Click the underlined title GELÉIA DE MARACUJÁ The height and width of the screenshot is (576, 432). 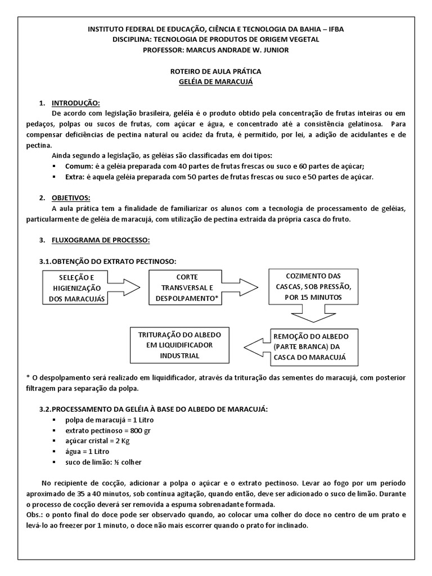pyautogui.click(x=215, y=82)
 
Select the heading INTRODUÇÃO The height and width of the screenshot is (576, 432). pyautogui.click(x=76, y=103)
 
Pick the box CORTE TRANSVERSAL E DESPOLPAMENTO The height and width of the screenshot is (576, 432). pyautogui.click(x=186, y=288)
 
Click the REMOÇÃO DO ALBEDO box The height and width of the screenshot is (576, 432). pyautogui.click(x=310, y=346)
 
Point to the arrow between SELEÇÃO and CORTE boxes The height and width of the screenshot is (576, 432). pyautogui.click(x=127, y=288)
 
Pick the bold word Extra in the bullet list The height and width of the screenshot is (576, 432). pyautogui.click(x=75, y=177)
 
